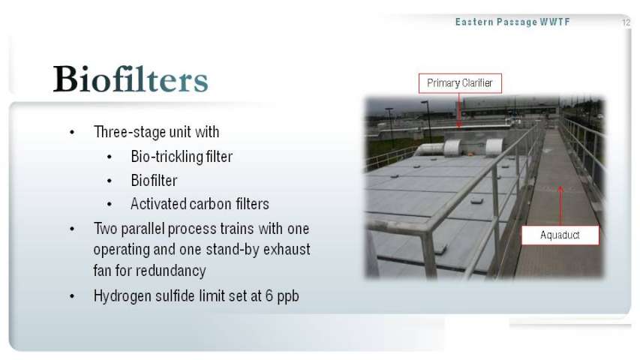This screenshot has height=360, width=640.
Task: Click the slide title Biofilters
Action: point(131,79)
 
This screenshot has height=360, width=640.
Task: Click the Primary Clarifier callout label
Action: point(460,83)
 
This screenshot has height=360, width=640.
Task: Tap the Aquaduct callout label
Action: point(560,235)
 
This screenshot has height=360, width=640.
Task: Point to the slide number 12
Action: point(626,22)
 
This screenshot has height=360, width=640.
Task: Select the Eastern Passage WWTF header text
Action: point(512,22)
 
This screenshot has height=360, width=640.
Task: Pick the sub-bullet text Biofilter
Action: point(154,181)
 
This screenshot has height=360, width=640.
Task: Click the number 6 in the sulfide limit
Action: point(269,295)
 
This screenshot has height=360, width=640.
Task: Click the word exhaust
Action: point(287,250)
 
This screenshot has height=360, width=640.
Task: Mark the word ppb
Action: point(288,297)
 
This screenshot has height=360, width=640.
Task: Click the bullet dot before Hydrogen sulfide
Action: point(72,296)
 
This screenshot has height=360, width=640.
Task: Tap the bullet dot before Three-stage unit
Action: point(72,132)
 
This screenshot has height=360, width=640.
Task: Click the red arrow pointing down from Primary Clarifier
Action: point(459,110)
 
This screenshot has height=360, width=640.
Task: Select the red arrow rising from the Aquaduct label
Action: point(560,205)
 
